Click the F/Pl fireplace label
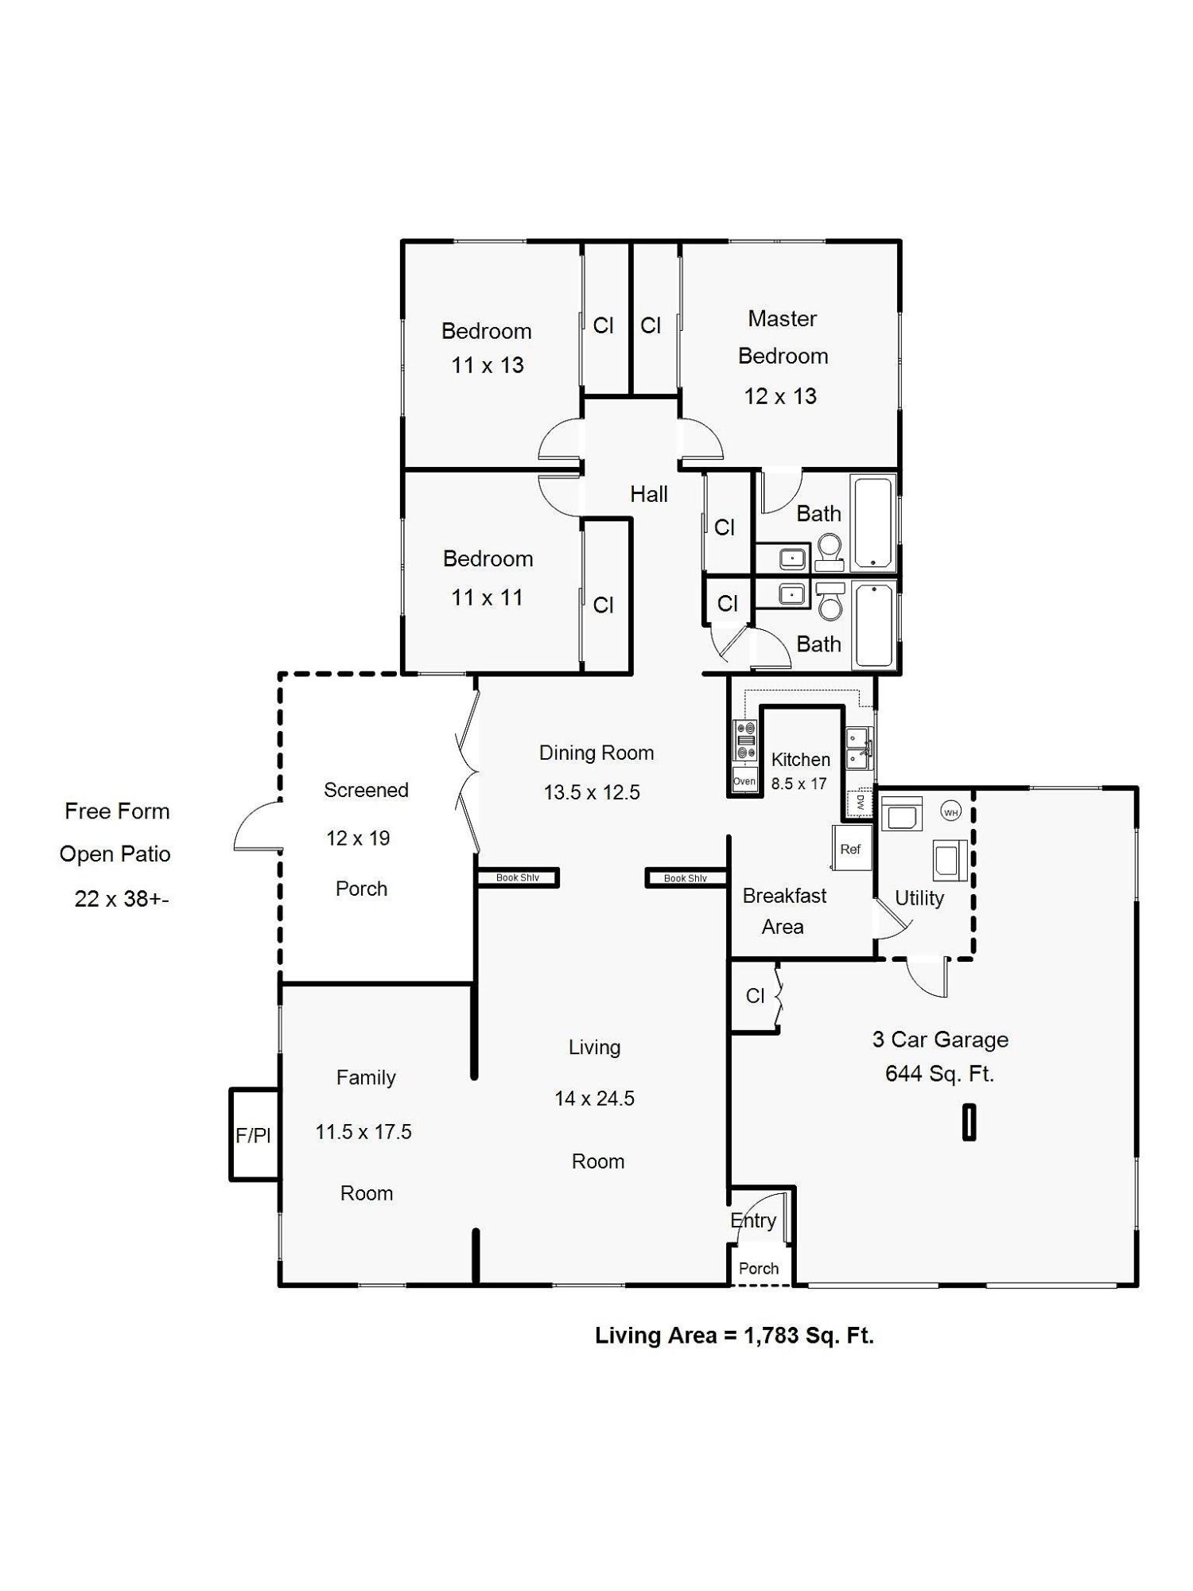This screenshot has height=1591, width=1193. pos(254,1136)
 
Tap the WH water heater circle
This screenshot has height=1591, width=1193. pos(950,812)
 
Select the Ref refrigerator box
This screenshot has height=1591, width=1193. pos(851,848)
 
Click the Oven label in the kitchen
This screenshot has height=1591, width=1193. pos(744,781)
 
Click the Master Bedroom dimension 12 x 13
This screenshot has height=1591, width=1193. pos(780,396)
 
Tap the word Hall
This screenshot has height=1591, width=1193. pos(649,494)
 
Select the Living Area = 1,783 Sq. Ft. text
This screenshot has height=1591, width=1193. pos(734,1336)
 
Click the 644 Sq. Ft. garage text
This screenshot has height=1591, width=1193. pos(939,1074)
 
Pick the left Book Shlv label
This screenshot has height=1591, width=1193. pos(518,877)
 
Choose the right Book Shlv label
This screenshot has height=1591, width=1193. pos(686,878)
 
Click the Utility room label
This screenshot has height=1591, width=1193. pos(919,898)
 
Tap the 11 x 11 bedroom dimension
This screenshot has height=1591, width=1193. pos(488,597)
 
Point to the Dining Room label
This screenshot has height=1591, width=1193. pos(596,753)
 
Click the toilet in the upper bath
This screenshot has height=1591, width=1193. pos(830,552)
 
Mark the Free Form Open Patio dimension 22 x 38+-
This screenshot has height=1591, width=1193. pos(122,899)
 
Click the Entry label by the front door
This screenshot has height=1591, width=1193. pos(753,1220)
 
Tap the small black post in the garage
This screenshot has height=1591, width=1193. pos(969,1122)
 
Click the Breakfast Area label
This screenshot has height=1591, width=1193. pos(784,912)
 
